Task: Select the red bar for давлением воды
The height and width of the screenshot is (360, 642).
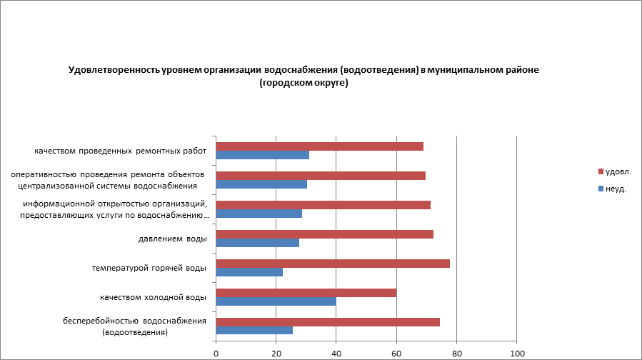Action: (x=324, y=234)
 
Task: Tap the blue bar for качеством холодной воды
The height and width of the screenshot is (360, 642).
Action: (x=276, y=301)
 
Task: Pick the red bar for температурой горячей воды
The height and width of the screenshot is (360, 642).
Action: (x=333, y=264)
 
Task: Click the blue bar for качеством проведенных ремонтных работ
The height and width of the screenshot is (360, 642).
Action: (x=262, y=155)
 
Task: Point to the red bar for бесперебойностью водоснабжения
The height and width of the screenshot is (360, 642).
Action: (x=328, y=322)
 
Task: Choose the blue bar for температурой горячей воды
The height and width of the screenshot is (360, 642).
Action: (x=249, y=272)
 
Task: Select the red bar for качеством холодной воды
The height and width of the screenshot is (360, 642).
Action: (x=306, y=293)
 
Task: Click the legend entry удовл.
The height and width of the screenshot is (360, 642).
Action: (x=618, y=171)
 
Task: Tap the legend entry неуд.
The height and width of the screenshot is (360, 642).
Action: (x=616, y=189)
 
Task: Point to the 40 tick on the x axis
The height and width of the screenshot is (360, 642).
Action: (x=336, y=352)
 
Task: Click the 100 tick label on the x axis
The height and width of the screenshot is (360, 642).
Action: (x=517, y=352)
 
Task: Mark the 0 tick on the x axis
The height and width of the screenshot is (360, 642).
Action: (x=216, y=352)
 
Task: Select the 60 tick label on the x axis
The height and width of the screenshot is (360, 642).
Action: (x=396, y=352)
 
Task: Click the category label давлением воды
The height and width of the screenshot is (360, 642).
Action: (x=172, y=239)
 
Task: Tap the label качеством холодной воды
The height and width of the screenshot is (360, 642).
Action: (x=154, y=297)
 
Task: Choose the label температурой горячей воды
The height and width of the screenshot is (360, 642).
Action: (x=149, y=268)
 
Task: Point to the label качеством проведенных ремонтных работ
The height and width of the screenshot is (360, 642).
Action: (x=120, y=151)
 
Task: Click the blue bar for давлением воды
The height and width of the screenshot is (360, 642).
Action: (x=257, y=243)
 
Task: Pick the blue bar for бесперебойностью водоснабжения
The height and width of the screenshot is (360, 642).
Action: (x=254, y=331)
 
